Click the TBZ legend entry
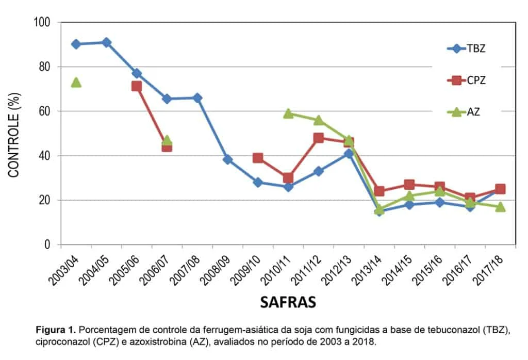tap(467, 49)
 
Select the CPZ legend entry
tap(467, 80)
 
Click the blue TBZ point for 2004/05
tap(106, 42)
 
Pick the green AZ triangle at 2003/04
tap(76, 82)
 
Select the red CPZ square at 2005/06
tap(137, 86)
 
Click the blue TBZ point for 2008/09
tap(227, 159)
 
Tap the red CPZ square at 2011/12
tap(318, 138)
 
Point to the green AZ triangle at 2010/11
tap(288, 113)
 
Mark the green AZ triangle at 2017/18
tap(500, 207)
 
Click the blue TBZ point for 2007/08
tap(197, 98)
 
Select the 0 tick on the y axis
tap(48, 244)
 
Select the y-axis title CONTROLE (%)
tap(14, 134)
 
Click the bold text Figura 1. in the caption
tap(56, 329)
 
